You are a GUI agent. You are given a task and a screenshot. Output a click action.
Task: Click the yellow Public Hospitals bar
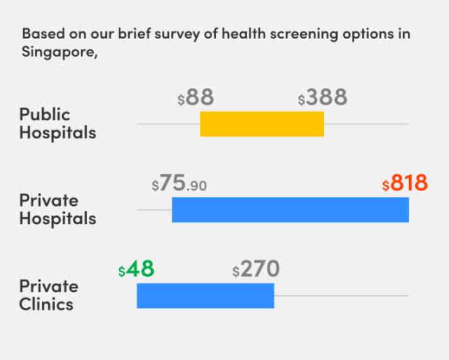pyautogui.click(x=262, y=124)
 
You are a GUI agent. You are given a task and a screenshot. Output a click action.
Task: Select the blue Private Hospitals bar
pyautogui.click(x=290, y=209)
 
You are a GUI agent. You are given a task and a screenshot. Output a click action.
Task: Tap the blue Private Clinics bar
pyautogui.click(x=205, y=295)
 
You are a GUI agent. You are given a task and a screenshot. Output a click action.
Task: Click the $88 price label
pyautogui.click(x=196, y=98)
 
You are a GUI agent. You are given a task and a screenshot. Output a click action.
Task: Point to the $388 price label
pyautogui.click(x=322, y=98)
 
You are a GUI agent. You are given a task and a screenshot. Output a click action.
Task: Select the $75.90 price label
pyautogui.click(x=179, y=184)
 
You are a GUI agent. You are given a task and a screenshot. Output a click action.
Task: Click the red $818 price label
pyautogui.click(x=404, y=184)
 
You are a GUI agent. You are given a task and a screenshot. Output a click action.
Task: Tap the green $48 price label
pyautogui.click(x=136, y=269)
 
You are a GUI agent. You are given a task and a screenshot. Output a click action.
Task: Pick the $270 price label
pyautogui.click(x=256, y=269)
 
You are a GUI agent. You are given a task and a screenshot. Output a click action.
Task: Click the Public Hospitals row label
pyautogui.click(x=57, y=123)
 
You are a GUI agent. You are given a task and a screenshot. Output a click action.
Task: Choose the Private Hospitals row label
pyautogui.click(x=57, y=209)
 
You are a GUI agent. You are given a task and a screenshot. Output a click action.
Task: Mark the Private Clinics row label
pyautogui.click(x=48, y=295)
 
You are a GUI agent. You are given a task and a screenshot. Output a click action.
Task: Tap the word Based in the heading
pyautogui.click(x=40, y=34)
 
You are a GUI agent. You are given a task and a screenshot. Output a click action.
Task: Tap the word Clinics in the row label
pyautogui.click(x=46, y=304)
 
